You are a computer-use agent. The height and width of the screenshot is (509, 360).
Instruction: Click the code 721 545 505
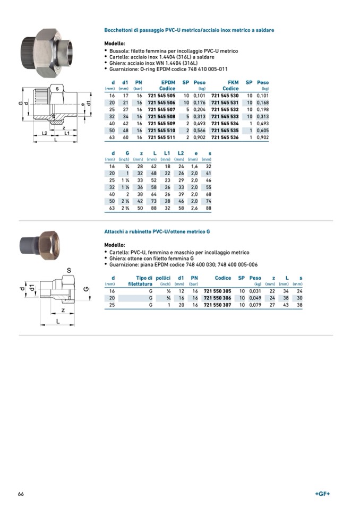[161, 96]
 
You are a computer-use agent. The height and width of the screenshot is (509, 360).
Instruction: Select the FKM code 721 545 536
[225, 137]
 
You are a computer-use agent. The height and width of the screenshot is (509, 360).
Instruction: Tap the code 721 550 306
[218, 298]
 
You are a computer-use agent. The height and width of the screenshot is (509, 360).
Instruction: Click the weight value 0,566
[200, 130]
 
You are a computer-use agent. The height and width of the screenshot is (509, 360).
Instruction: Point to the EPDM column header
[168, 82]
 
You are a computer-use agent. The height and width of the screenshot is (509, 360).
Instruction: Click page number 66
[21, 494]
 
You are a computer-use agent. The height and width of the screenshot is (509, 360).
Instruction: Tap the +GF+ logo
[322, 494]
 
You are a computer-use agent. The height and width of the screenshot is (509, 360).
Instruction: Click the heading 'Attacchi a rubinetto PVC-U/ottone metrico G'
[157, 232]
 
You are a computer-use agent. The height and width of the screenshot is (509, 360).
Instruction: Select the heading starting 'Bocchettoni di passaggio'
[189, 30]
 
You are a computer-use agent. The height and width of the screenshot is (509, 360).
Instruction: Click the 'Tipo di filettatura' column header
[140, 281]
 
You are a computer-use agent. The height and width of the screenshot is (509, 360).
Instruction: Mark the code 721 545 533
[225, 116]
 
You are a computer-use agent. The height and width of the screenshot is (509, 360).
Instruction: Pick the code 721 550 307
[218, 305]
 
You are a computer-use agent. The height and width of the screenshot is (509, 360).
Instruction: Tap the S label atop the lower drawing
[68, 271]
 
